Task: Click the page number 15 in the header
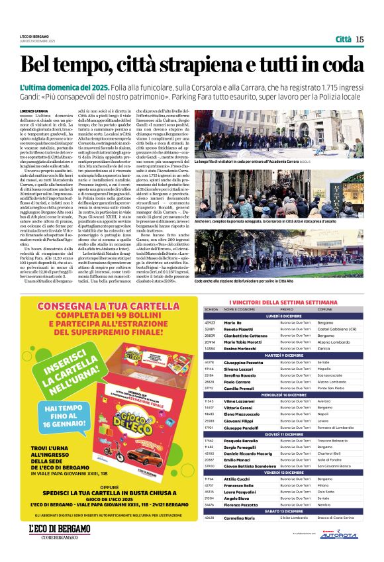coord(360,39)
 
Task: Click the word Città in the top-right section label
coord(343,39)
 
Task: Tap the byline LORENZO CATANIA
coord(36,111)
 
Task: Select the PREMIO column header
coord(286,309)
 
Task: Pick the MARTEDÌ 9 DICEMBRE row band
coord(284,355)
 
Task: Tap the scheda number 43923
coord(211,322)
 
